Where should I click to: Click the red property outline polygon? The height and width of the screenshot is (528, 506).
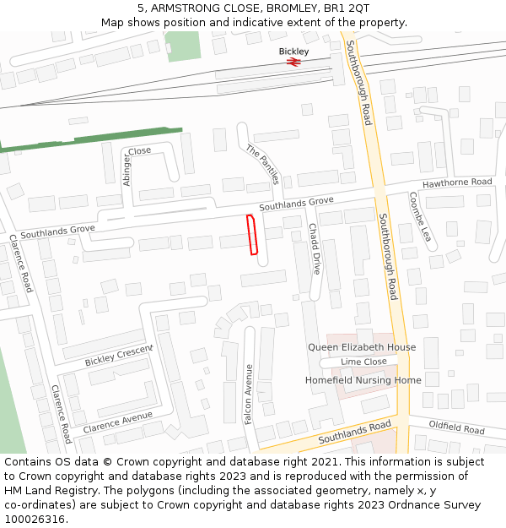pyautogui.click(x=251, y=234)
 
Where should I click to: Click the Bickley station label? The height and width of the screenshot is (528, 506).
pyautogui.click(x=294, y=51)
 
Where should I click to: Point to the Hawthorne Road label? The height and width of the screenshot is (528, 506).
pyautogui.click(x=457, y=183)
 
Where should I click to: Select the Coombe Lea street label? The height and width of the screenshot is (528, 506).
pyautogui.click(x=420, y=216)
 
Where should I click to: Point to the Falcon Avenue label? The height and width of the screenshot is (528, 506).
pyautogui.click(x=248, y=395)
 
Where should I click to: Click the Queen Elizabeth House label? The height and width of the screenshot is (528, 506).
pyautogui.click(x=362, y=347)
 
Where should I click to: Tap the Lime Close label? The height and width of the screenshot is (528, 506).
pyautogui.click(x=363, y=362)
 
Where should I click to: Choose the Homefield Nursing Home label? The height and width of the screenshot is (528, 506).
pyautogui.click(x=363, y=380)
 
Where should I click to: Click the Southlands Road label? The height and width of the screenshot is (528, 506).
pyautogui.click(x=354, y=433)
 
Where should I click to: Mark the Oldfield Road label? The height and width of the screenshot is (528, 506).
pyautogui.click(x=456, y=427)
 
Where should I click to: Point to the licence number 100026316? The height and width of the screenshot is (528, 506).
pyautogui.click(x=35, y=519)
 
